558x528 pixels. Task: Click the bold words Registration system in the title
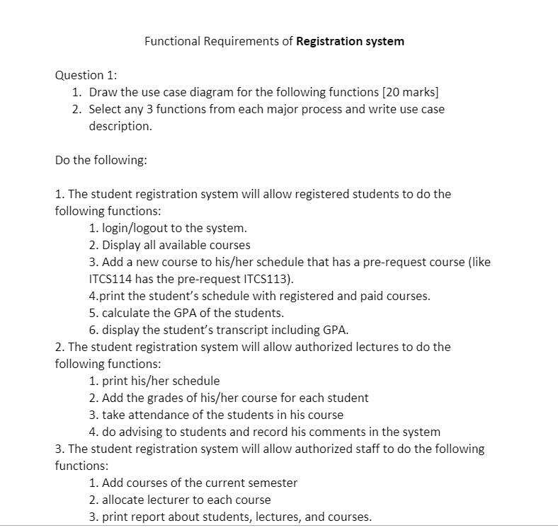pyautogui.click(x=350, y=41)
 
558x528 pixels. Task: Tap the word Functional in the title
pyautogui.click(x=172, y=41)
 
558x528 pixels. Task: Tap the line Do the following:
pyautogui.click(x=101, y=160)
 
